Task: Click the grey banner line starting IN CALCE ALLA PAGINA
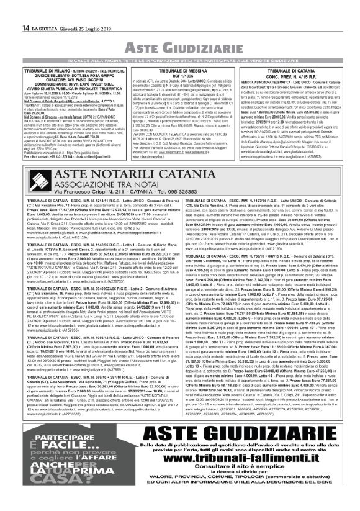click(x=180, y=60)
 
